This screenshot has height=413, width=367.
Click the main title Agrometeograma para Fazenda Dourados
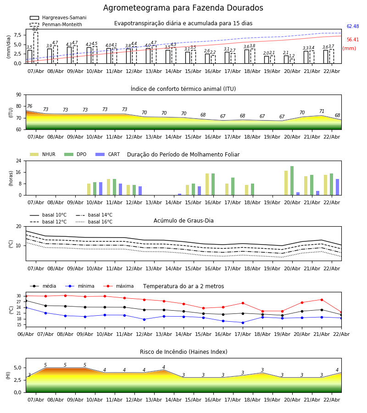(x=183, y=8)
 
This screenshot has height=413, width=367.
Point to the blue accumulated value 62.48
(x=353, y=27)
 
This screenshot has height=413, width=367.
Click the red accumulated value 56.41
(x=353, y=40)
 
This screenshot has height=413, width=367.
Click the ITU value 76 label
(x=29, y=106)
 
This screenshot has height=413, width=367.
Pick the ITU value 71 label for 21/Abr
(x=322, y=112)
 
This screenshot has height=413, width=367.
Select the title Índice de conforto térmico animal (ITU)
(x=183, y=89)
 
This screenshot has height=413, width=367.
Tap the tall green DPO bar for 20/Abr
(x=292, y=180)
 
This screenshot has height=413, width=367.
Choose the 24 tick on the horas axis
(x=20, y=161)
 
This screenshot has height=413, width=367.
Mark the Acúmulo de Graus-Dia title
(x=183, y=221)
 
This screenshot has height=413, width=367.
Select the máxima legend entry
(x=124, y=286)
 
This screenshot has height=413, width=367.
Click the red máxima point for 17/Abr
(x=243, y=303)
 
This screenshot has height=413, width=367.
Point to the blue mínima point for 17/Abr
(x=243, y=323)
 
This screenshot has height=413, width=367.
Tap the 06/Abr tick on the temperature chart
(x=26, y=334)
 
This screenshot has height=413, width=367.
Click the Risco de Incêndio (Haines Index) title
(x=183, y=352)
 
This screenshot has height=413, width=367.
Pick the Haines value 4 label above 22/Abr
(x=337, y=370)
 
